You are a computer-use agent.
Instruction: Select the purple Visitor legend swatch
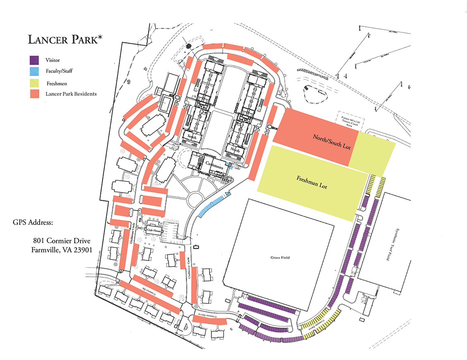pos(34,60)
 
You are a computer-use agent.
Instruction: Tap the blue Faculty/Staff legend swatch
pos(34,71)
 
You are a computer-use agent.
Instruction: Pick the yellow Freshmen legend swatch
pos(34,83)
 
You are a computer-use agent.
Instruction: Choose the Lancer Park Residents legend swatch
pos(34,94)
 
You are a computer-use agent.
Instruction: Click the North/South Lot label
pos(332,141)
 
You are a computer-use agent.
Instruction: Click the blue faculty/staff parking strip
pos(211,205)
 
